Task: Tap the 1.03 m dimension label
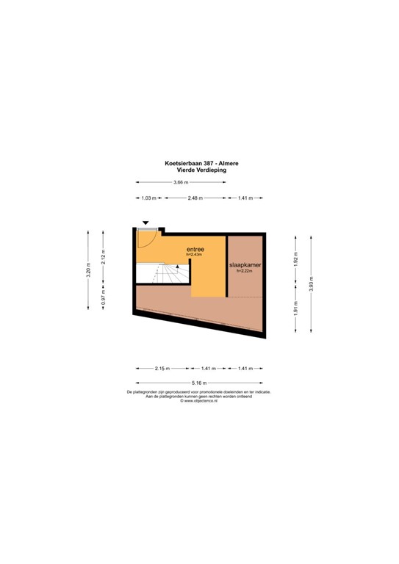pos(148,198)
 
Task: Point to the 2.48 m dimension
pos(195,198)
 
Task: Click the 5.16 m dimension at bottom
pos(199,383)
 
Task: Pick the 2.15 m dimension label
pos(162,369)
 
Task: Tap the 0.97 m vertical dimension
pos(104,300)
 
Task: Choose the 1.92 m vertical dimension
pos(295,259)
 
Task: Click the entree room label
pos(195,249)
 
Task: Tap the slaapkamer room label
pos(246,264)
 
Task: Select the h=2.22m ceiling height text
pos(246,271)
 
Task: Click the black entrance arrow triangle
pos(145,223)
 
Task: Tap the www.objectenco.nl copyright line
pos(199,401)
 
